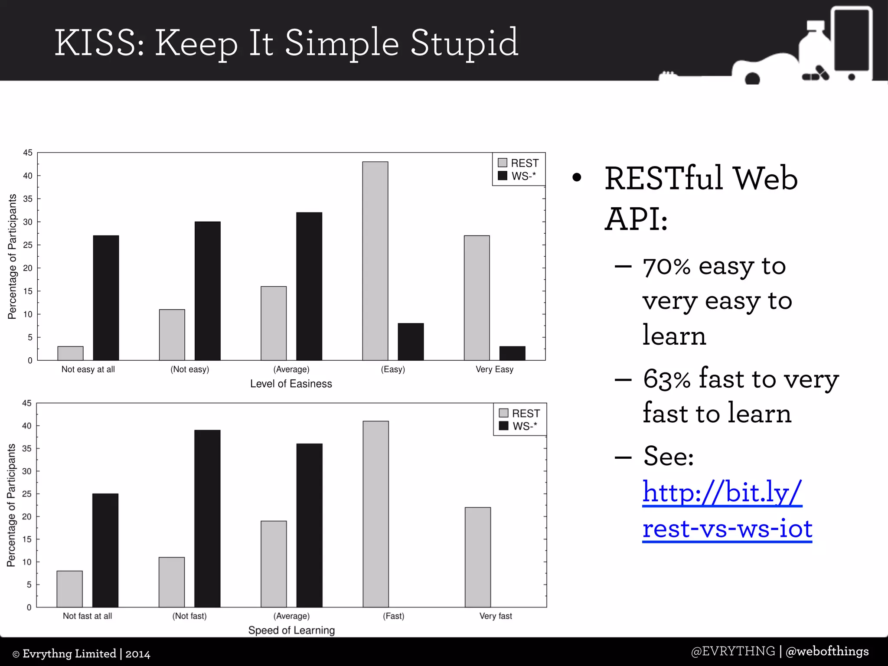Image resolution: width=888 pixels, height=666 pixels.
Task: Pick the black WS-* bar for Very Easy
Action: pyautogui.click(x=512, y=353)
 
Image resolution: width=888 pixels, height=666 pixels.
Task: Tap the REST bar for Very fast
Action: pyautogui.click(x=478, y=557)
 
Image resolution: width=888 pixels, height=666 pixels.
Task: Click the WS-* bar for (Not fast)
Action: pyautogui.click(x=207, y=519)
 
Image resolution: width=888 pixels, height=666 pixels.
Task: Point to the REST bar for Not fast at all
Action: pyautogui.click(x=70, y=589)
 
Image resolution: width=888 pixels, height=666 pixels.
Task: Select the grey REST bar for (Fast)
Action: pyautogui.click(x=375, y=514)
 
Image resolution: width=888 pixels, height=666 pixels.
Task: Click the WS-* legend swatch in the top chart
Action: pyautogui.click(x=503, y=176)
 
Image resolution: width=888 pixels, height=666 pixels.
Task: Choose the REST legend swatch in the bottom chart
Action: pyautogui.click(x=503, y=413)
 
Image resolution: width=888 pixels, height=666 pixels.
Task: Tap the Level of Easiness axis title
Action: pyautogui.click(x=291, y=384)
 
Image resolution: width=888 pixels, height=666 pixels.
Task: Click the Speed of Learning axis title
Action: pyautogui.click(x=291, y=630)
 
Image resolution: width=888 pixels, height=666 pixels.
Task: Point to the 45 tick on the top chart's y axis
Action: pyautogui.click(x=28, y=153)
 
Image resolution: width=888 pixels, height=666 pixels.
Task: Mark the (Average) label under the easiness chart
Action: pyautogui.click(x=291, y=369)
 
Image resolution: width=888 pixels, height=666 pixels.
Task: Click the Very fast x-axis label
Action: pyautogui.click(x=496, y=616)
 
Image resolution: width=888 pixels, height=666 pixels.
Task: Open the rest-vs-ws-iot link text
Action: pyautogui.click(x=727, y=529)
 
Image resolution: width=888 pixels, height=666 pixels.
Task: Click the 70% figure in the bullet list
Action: pyautogui.click(x=666, y=267)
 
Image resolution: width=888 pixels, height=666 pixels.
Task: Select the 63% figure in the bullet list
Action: pyautogui.click(x=667, y=379)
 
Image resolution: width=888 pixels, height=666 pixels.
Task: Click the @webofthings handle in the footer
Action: pyautogui.click(x=827, y=651)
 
